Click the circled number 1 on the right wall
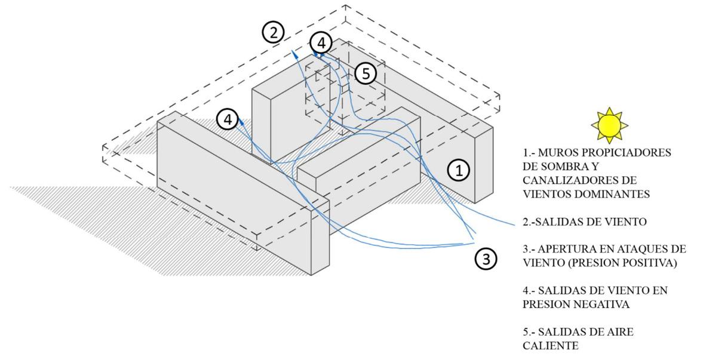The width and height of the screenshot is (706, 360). [459, 171]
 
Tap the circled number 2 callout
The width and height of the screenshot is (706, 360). [273, 32]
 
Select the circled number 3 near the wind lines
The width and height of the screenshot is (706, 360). [487, 259]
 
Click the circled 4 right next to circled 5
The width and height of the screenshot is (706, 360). [321, 43]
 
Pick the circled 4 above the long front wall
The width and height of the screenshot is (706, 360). [228, 119]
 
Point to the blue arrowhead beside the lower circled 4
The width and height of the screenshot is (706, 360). [238, 122]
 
